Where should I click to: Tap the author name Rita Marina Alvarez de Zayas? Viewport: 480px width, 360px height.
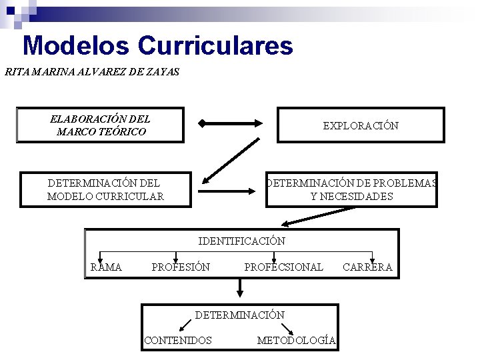tap(92, 72)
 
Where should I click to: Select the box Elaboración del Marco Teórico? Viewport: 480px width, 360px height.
tap(100, 125)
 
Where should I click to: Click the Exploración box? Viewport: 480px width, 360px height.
tap(361, 125)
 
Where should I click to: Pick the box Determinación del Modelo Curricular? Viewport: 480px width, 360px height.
tap(105, 189)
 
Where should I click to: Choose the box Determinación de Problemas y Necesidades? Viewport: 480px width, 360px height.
tap(351, 189)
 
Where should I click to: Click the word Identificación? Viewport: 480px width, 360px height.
tap(242, 241)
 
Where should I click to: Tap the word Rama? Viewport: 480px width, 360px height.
tap(107, 267)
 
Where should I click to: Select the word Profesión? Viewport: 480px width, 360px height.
tap(181, 267)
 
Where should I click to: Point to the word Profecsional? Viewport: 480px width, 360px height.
tap(283, 267)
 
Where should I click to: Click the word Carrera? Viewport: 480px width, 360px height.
tap(367, 267)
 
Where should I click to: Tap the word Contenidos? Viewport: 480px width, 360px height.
tap(178, 341)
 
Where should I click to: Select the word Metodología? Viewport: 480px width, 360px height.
tap(296, 341)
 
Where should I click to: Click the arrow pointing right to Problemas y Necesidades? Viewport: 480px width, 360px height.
tap(227, 191)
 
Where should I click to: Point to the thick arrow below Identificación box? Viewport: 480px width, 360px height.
tap(241, 287)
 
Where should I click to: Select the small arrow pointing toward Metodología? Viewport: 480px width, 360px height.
tap(287, 328)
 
